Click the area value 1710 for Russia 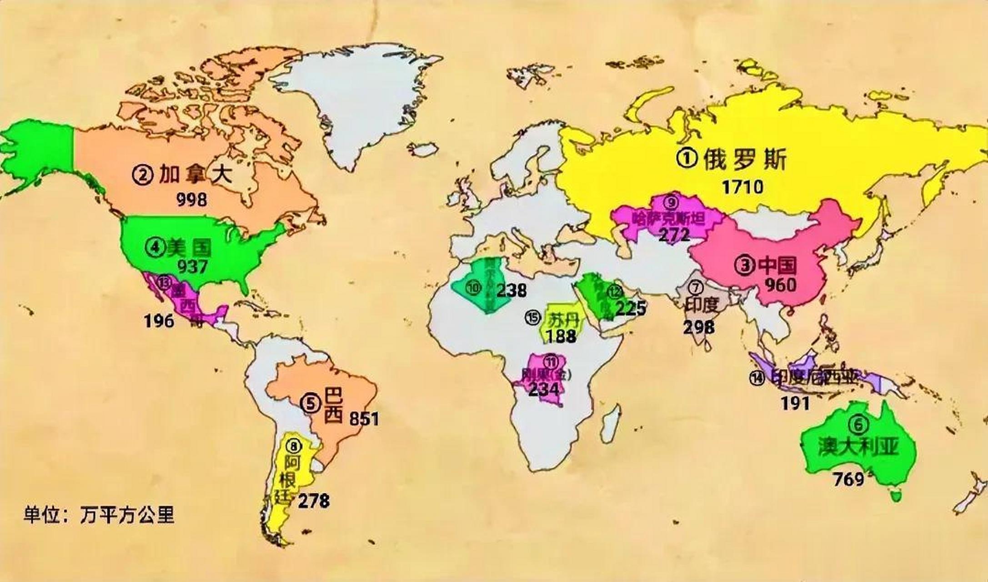tap(742, 187)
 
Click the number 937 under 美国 tap(192, 266)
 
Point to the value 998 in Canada tap(191, 199)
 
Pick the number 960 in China tap(780, 285)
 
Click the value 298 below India tap(699, 326)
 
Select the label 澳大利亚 tap(859, 447)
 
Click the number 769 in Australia tap(848, 479)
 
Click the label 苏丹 tap(564, 320)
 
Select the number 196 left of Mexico tap(159, 321)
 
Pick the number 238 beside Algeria tap(511, 290)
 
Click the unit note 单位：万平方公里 tap(99, 515)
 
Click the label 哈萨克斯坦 tap(668, 219)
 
